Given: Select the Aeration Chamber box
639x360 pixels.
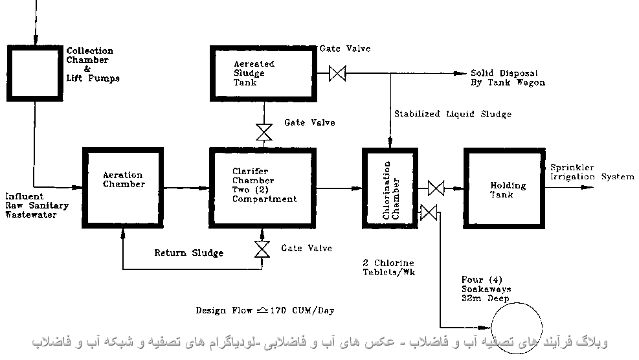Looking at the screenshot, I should click(x=124, y=188).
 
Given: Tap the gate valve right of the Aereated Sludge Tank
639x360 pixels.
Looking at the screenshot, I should click(x=337, y=73).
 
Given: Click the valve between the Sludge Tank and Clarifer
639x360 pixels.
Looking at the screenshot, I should click(x=263, y=132).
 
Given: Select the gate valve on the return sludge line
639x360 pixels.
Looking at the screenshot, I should click(x=263, y=249).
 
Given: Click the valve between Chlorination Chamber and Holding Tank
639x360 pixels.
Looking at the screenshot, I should click(x=436, y=188).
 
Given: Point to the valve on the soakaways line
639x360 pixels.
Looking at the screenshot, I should click(x=429, y=212).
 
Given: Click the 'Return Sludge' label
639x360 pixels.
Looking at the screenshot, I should click(x=188, y=253).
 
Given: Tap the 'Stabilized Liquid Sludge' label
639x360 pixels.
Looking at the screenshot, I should click(x=453, y=114).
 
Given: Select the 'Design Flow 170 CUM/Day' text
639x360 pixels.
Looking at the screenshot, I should click(x=265, y=310).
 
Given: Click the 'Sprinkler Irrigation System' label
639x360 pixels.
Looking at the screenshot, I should click(x=591, y=172).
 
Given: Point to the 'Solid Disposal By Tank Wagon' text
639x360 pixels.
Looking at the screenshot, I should click(x=507, y=78).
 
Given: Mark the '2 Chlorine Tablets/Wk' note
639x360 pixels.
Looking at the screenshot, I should click(x=388, y=267).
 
